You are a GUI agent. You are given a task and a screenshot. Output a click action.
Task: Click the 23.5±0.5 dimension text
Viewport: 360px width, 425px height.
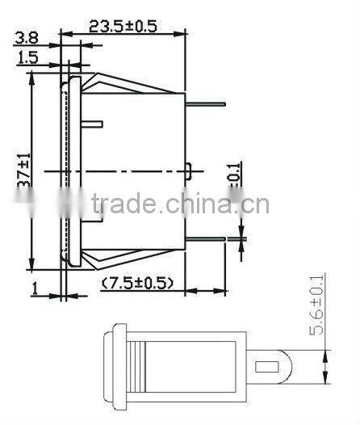[122, 25]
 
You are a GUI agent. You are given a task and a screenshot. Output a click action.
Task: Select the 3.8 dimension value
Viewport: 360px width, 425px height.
[26, 37]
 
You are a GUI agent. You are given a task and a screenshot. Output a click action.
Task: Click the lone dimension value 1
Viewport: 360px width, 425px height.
[36, 287]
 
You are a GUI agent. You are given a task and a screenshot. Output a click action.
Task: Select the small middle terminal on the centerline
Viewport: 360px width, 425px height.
[189, 171]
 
